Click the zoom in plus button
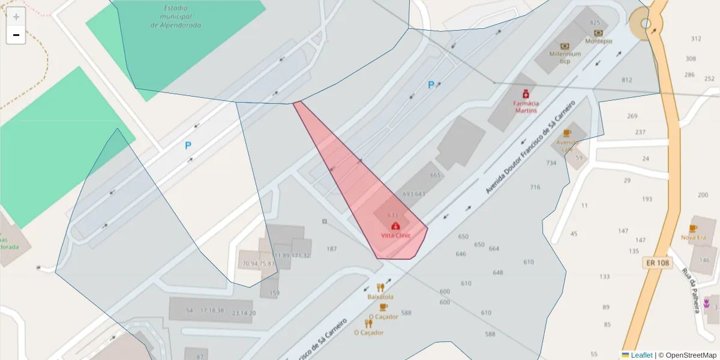pyautogui.click(x=16, y=16)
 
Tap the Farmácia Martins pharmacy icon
pyautogui.click(x=526, y=94)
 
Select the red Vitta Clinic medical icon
pyautogui.click(x=395, y=226)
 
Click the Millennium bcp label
pyautogui.click(x=565, y=57)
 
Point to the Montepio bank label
pyautogui.click(x=598, y=41)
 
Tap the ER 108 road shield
pyautogui.click(x=658, y=263)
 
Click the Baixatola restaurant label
pyautogui.click(x=380, y=296)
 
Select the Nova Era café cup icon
pyautogui.click(x=693, y=229)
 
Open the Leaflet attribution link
pyautogui.click(x=641, y=355)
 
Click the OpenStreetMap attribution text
pyautogui.click(x=688, y=355)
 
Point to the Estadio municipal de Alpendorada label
pyautogui.click(x=176, y=17)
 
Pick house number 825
pyautogui.click(x=595, y=23)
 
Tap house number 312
pyautogui.click(x=695, y=39)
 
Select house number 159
pyautogui.click(x=274, y=293)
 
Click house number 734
pyautogui.click(x=551, y=163)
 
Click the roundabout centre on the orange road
pyautogui.click(x=646, y=24)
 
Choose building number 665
pyautogui.click(x=435, y=176)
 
